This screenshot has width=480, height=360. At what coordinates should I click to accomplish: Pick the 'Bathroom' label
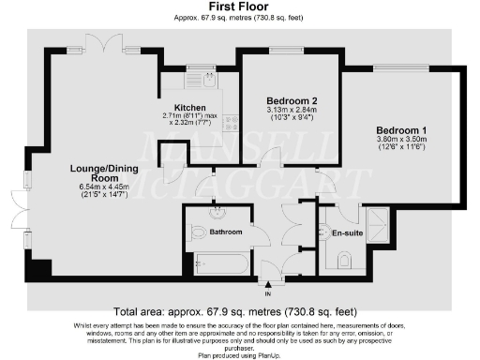(x=226, y=232)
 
